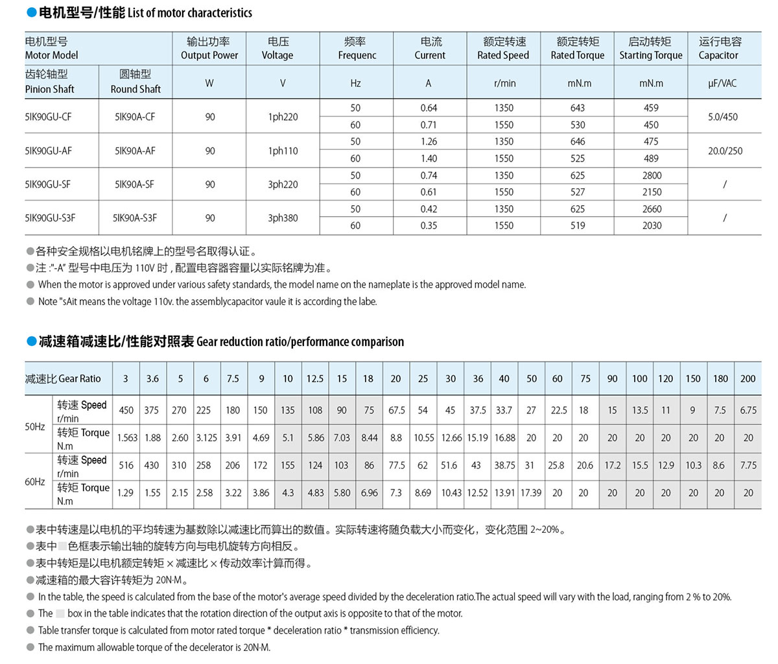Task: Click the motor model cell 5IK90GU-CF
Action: click(x=49, y=117)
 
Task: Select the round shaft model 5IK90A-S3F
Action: click(x=135, y=218)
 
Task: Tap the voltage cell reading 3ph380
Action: click(x=283, y=218)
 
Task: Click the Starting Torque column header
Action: click(x=650, y=49)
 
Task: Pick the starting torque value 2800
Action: click(x=652, y=175)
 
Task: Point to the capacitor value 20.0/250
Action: click(x=725, y=151)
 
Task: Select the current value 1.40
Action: click(x=429, y=158)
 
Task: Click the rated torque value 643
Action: click(x=577, y=108)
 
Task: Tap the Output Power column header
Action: click(x=209, y=49)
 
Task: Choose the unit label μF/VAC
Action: click(x=722, y=83)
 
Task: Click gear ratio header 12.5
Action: click(x=315, y=378)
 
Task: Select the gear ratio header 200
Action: click(x=748, y=378)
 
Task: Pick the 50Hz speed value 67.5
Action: click(x=396, y=410)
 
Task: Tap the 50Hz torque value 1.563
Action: click(x=127, y=438)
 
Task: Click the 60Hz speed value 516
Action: click(x=126, y=465)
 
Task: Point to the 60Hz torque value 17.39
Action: click(x=531, y=493)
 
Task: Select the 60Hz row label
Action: click(x=35, y=482)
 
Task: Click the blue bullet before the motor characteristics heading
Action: click(x=31, y=13)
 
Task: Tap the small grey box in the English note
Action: click(x=60, y=613)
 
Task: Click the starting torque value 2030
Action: click(x=652, y=226)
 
